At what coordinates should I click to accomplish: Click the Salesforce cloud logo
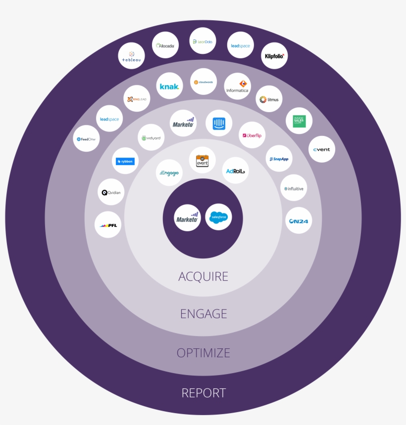[x=218, y=217]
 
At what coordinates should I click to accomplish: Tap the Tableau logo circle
[x=132, y=56]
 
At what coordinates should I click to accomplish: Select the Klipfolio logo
[x=274, y=56]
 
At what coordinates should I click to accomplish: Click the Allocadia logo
[x=165, y=45]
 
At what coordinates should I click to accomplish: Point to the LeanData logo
[x=203, y=42]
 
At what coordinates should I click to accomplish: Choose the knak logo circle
[x=169, y=86]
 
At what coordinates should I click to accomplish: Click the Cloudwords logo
[x=203, y=82]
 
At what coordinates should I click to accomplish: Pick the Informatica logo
[x=238, y=86]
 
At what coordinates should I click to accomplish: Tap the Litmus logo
[x=269, y=99]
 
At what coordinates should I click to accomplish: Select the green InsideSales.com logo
[x=299, y=121]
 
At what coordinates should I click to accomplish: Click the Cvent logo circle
[x=322, y=149]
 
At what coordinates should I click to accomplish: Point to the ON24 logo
[x=299, y=221]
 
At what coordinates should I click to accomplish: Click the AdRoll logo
[x=236, y=171]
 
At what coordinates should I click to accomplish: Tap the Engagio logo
[x=169, y=173]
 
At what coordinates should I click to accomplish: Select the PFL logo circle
[x=108, y=225]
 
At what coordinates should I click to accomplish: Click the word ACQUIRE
[x=203, y=276]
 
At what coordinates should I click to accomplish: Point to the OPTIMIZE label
[x=203, y=353]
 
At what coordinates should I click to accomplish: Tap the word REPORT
[x=203, y=393]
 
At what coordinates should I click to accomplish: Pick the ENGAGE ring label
[x=203, y=314]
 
